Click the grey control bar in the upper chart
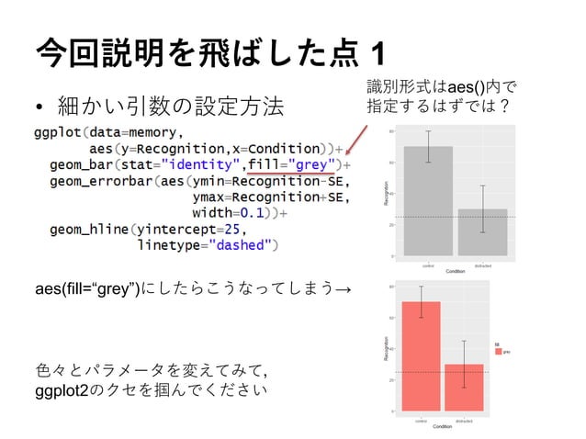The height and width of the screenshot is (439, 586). [428, 202]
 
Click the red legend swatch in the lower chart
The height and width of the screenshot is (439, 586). [499, 351]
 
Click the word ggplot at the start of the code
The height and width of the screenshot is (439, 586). [59, 131]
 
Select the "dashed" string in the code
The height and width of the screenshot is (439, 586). [242, 245]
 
